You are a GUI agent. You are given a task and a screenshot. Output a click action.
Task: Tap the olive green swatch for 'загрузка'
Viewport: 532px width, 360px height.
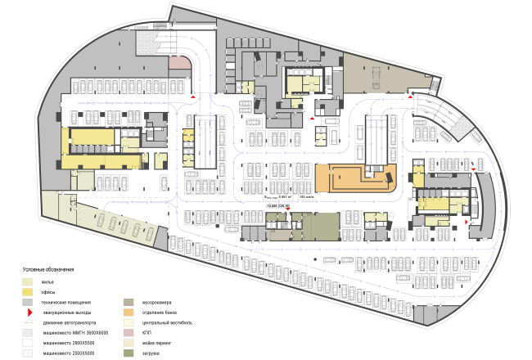tap(128, 353)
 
